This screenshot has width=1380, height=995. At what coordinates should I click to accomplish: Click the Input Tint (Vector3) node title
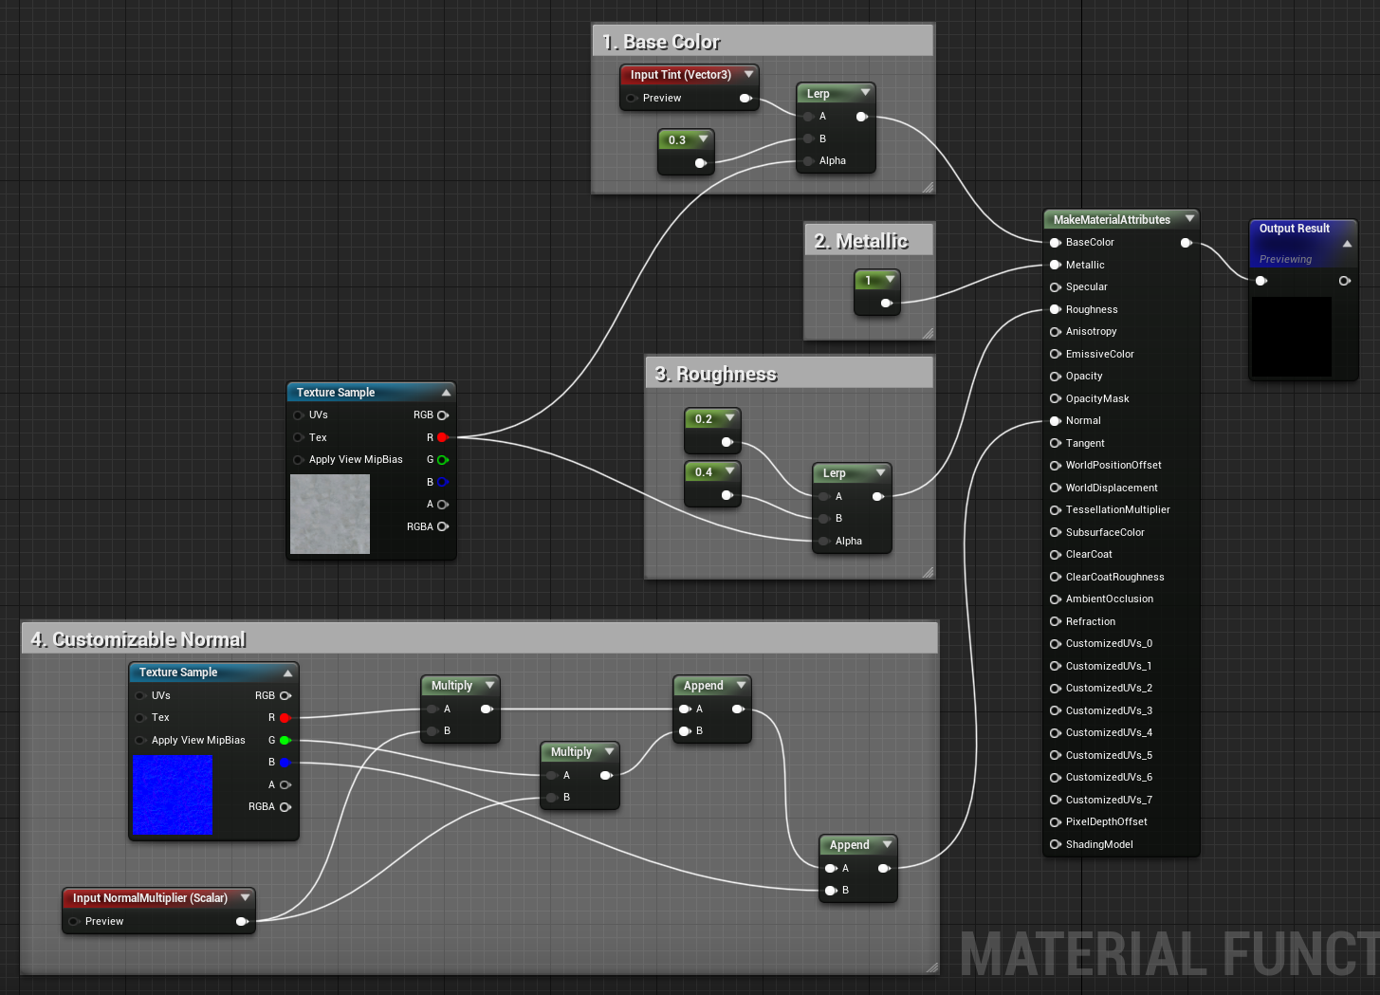click(680, 75)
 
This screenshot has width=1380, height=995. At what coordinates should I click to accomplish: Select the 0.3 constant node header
click(686, 139)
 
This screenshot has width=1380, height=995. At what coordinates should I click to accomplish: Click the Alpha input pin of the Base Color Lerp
click(809, 161)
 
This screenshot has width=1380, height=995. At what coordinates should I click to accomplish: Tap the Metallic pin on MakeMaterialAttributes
click(1055, 265)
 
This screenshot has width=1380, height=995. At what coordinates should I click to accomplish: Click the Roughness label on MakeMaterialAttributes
click(1091, 309)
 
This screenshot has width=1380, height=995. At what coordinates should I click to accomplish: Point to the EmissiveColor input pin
click(1055, 354)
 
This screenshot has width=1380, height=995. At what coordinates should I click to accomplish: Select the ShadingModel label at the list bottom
click(1099, 844)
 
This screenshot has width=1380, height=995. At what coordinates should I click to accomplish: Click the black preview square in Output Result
click(1291, 337)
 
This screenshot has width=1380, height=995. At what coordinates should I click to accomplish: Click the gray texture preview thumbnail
click(330, 514)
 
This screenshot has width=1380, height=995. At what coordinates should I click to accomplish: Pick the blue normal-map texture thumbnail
click(173, 795)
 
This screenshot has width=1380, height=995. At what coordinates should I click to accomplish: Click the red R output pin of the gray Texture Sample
click(442, 437)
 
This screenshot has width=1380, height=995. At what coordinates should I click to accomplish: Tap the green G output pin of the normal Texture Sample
click(285, 740)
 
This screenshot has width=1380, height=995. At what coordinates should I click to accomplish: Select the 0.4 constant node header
click(712, 472)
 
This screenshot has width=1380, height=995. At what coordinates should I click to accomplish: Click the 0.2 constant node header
click(712, 419)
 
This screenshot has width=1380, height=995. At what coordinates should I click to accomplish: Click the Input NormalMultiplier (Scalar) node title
click(150, 897)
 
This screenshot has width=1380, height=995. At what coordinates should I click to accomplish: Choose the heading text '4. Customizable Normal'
click(138, 639)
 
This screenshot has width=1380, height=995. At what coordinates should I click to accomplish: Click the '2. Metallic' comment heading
click(860, 241)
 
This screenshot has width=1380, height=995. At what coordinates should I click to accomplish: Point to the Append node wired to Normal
click(857, 868)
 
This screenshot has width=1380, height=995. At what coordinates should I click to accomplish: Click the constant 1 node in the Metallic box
click(876, 292)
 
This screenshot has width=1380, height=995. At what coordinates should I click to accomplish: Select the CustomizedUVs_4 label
click(1109, 732)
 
